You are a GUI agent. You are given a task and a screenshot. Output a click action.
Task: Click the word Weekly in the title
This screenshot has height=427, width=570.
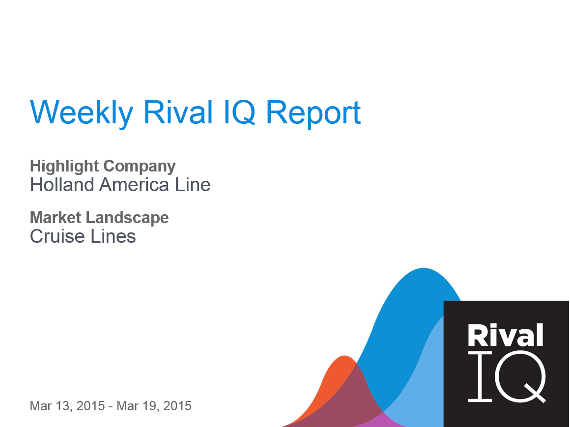pos(82,113)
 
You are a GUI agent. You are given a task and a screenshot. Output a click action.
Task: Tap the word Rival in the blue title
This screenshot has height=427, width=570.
pos(174,113)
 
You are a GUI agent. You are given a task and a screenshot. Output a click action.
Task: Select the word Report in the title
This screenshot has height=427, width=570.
pos(313,113)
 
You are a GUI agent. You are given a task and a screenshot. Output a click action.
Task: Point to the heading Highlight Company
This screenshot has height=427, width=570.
pos(103,166)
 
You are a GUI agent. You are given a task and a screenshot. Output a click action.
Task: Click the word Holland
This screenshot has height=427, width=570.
pos(62,185)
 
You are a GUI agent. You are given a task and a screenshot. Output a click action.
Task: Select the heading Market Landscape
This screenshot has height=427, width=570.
pos(99,217)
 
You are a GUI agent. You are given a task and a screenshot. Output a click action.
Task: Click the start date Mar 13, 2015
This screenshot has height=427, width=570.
pos(67,406)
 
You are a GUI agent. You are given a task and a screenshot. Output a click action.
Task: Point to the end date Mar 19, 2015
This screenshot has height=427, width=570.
pos(154,406)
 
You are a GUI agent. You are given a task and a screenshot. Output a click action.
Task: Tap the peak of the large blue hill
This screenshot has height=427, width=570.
pos(423,275)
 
